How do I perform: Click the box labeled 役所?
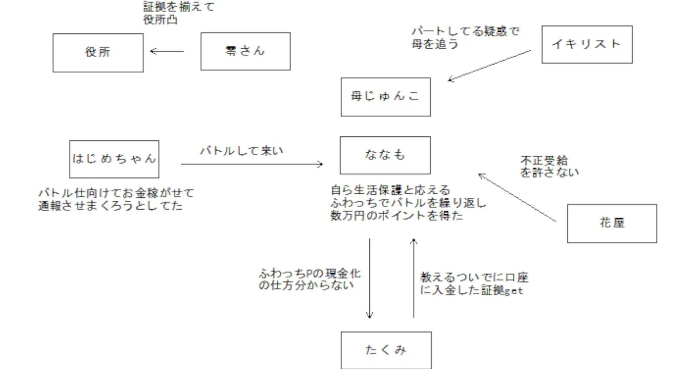[x=98, y=53]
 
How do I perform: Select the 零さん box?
[x=245, y=51]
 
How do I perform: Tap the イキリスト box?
[x=587, y=45]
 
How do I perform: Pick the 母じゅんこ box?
[x=386, y=97]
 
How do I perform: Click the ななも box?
[x=385, y=155]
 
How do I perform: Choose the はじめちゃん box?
[x=114, y=159]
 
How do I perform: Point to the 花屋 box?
[x=612, y=223]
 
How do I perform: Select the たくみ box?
[x=386, y=350]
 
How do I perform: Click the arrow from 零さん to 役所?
[x=167, y=51]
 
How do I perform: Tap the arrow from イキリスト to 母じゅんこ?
[x=489, y=66]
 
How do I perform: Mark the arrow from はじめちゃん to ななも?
[x=252, y=164]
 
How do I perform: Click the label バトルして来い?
[x=241, y=151]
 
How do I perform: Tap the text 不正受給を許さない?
[x=549, y=167]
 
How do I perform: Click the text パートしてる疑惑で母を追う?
[x=465, y=38]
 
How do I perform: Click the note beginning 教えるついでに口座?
[x=474, y=284]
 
